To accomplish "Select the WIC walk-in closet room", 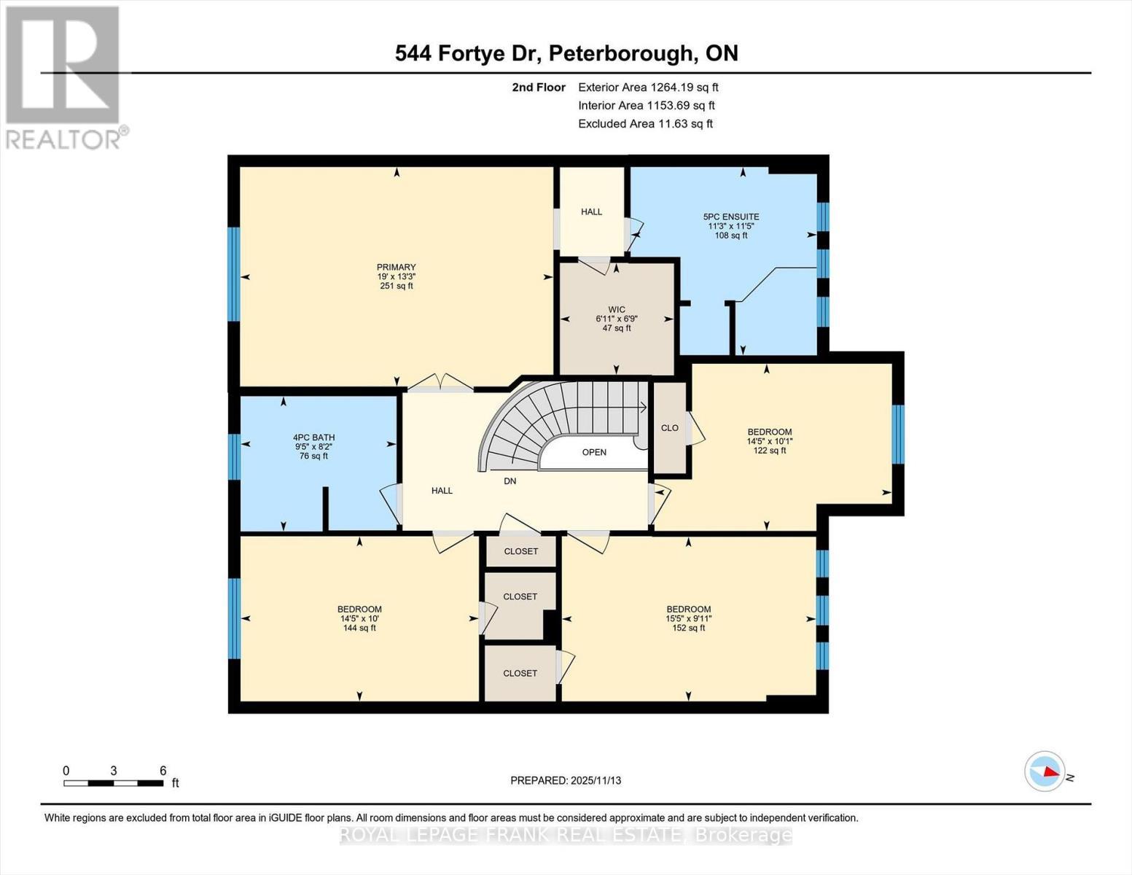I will click(x=616, y=319).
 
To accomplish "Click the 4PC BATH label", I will click(x=313, y=438).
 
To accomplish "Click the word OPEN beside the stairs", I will click(x=594, y=452).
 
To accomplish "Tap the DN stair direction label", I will click(x=510, y=481).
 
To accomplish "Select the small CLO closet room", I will click(x=670, y=428).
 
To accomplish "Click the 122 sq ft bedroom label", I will click(x=769, y=441).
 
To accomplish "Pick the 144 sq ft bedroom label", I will click(x=359, y=618).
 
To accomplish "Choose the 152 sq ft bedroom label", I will click(x=688, y=618).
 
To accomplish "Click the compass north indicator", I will click(x=1045, y=771).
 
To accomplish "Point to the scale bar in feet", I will click(x=114, y=783).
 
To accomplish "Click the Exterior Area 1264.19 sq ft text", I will click(x=648, y=87).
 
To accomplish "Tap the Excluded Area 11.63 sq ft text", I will click(x=645, y=124).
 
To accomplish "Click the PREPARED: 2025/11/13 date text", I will click(x=566, y=780).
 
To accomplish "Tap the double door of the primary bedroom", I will click(x=440, y=383).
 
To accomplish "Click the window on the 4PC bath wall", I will click(x=234, y=456).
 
